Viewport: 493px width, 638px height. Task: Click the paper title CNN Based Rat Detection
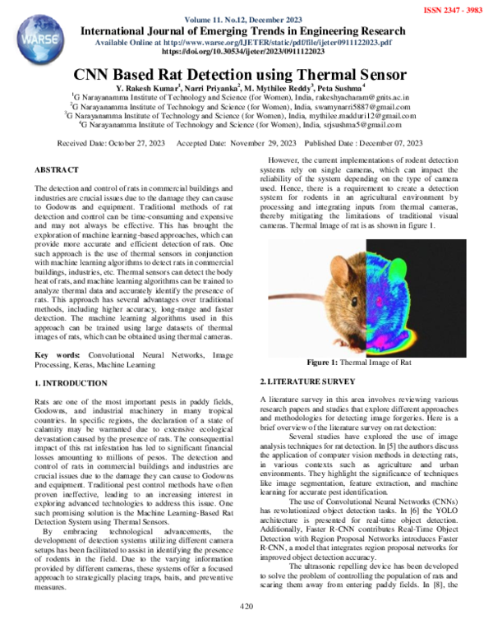tap(246, 73)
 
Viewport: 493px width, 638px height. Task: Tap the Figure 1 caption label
tap(328, 363)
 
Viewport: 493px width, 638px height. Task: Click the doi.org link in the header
tap(246, 51)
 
